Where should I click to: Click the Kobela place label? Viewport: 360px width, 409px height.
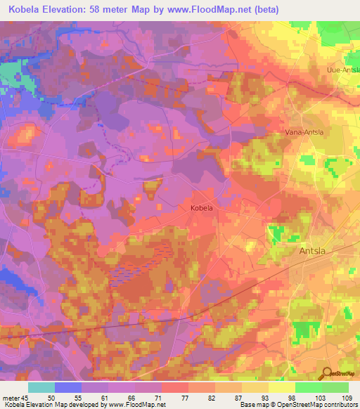click(x=201, y=208)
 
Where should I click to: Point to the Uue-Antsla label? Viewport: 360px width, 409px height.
click(x=343, y=70)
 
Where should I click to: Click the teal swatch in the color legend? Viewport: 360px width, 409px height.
click(x=41, y=387)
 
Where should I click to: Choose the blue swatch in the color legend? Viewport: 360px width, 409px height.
click(x=68, y=387)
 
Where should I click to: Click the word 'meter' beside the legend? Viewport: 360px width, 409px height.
click(x=11, y=398)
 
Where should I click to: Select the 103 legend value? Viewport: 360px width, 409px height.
click(x=321, y=398)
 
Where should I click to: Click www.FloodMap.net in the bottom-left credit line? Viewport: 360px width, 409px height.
click(x=138, y=405)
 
